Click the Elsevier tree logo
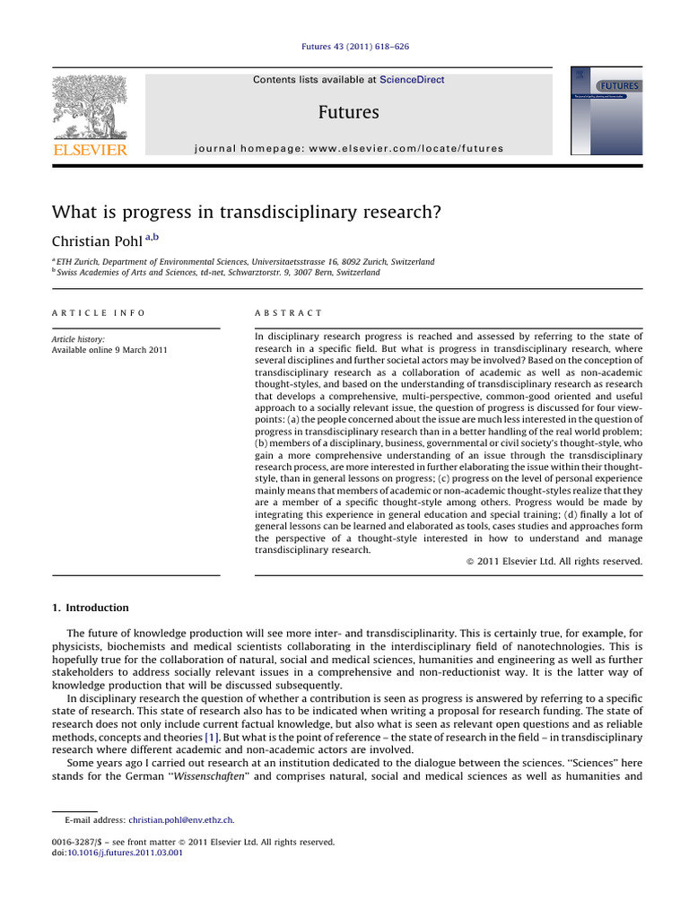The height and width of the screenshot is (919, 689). (x=90, y=106)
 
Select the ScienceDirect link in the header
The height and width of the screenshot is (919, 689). (x=412, y=80)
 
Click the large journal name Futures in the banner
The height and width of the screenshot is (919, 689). (x=348, y=112)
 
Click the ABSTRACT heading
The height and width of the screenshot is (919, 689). (x=289, y=312)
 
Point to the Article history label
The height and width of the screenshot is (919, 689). (x=78, y=339)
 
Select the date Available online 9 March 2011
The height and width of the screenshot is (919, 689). (x=109, y=350)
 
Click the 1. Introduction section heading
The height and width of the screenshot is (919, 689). (x=91, y=608)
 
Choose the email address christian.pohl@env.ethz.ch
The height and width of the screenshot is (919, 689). (x=181, y=820)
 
